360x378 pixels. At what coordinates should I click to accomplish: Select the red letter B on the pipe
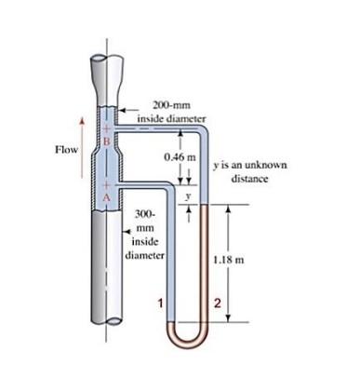click(106, 141)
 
